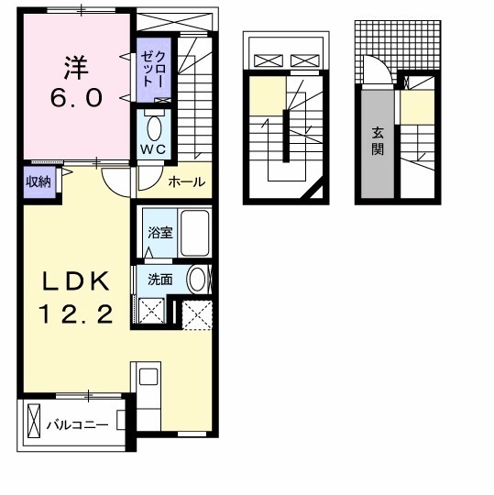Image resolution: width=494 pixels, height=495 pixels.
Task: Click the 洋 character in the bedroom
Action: (x=76, y=68)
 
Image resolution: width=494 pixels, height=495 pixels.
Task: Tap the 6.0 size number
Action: (x=76, y=97)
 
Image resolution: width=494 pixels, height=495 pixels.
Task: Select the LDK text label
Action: (x=76, y=281)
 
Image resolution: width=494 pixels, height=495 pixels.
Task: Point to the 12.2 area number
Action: (x=76, y=313)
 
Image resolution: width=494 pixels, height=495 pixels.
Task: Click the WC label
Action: (x=153, y=149)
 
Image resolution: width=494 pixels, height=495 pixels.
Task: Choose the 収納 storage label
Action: (x=38, y=181)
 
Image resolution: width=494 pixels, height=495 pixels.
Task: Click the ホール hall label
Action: (x=187, y=181)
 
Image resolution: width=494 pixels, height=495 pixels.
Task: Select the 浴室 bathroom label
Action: (x=160, y=233)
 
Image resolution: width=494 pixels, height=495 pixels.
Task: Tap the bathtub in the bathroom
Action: (x=195, y=233)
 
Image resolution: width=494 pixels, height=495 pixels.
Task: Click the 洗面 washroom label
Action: (x=160, y=280)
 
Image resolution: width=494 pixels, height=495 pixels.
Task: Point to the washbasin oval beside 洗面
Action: (x=197, y=280)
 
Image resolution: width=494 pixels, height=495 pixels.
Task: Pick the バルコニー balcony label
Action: (x=78, y=425)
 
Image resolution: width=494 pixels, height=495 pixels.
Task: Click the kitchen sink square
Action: (x=148, y=377)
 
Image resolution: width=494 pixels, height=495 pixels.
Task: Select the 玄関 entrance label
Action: (x=378, y=141)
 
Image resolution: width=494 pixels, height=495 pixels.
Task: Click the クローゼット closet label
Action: (x=153, y=69)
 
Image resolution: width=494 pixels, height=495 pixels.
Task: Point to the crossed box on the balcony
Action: (x=34, y=421)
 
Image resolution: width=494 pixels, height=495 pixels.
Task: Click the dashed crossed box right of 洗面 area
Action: (x=197, y=315)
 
